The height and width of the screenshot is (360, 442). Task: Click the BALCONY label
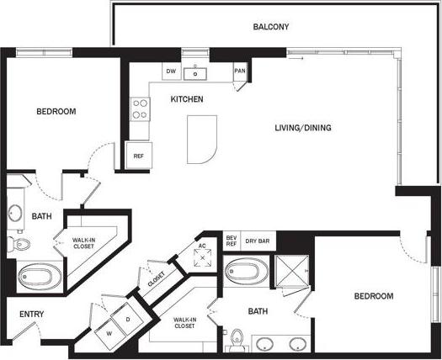271,27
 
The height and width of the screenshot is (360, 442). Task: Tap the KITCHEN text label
187,99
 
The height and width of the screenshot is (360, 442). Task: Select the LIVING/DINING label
303,128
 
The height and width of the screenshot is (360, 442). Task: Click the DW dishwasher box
170,71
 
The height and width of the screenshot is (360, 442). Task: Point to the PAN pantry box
240,71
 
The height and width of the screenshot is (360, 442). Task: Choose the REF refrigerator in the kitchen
138,156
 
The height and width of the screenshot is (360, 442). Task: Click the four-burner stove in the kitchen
140,109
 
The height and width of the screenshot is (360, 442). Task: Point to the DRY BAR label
258,241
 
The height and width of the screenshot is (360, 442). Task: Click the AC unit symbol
202,253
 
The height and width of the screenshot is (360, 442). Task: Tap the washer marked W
109,331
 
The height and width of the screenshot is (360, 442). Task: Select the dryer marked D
129,320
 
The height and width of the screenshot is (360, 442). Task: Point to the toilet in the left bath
20,244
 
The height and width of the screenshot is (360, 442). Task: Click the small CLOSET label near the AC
157,282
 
